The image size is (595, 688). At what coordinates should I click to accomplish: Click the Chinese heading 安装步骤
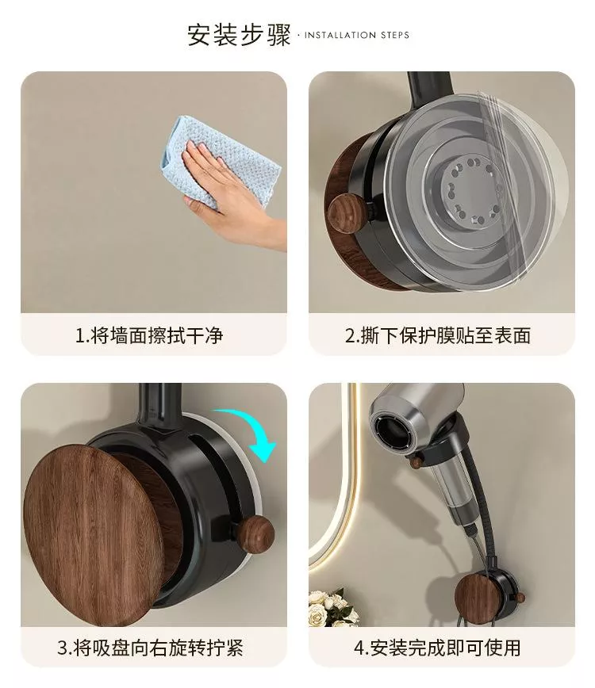click(x=239, y=34)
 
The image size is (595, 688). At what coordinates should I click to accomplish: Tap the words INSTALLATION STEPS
click(x=356, y=35)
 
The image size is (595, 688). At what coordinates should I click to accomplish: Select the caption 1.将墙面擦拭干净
click(x=149, y=335)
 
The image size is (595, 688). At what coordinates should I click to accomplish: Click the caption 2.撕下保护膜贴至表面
click(x=437, y=335)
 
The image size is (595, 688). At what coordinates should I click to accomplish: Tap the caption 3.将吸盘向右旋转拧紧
click(x=150, y=648)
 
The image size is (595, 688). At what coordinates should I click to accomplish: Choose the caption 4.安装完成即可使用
click(x=437, y=648)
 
